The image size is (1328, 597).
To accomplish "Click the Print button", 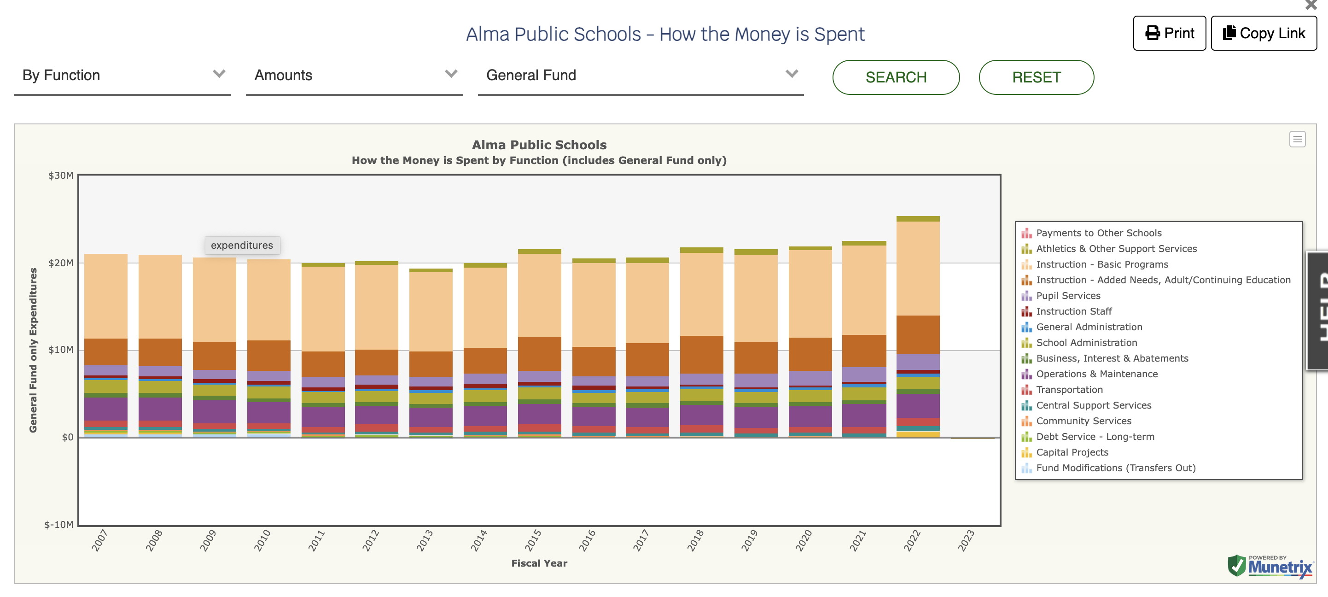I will click(1169, 34).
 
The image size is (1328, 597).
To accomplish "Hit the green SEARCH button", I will click(896, 77).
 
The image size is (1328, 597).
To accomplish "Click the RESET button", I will click(1036, 77).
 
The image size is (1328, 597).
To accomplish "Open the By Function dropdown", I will click(122, 76).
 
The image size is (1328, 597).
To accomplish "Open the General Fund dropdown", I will click(640, 76).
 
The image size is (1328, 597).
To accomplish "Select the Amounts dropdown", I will click(354, 76).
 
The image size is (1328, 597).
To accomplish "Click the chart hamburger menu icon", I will click(1297, 139).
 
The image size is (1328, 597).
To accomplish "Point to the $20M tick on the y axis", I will click(61, 263).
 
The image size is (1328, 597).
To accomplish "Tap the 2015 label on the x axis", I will click(533, 540).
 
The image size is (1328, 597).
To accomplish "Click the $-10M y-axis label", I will click(59, 525).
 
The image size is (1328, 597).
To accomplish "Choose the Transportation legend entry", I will click(1069, 390).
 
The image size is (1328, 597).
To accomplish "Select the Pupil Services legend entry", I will click(1068, 296).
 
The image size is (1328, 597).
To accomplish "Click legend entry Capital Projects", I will click(1072, 453).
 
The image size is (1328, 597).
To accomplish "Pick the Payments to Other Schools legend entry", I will click(1099, 233).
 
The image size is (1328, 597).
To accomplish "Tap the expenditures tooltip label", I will click(242, 246).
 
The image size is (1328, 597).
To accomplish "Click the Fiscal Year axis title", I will click(539, 563).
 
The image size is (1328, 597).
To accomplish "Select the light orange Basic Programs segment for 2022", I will click(918, 268).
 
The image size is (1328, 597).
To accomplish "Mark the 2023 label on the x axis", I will click(966, 540).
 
